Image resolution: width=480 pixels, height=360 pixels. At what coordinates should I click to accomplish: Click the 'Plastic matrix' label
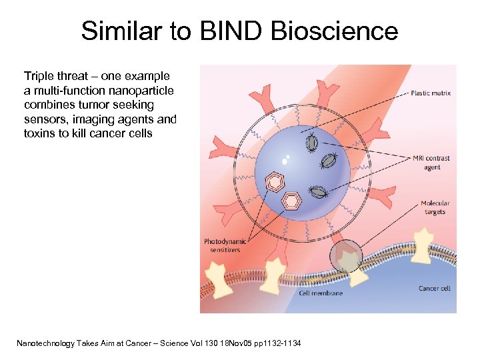[x=431, y=93]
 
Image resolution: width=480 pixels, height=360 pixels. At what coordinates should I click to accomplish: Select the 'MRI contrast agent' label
[x=431, y=163]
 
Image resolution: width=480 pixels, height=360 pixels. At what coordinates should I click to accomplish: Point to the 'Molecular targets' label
[x=435, y=207]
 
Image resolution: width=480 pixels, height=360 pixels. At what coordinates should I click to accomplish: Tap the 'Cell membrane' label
[x=321, y=293]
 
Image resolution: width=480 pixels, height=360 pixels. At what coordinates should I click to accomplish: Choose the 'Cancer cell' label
[x=434, y=288]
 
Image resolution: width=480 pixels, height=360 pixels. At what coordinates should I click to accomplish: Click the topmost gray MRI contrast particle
[x=311, y=141]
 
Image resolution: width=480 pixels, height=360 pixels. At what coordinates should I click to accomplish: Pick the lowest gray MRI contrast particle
[x=320, y=192]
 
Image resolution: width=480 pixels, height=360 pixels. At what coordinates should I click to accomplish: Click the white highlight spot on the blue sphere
[x=285, y=160]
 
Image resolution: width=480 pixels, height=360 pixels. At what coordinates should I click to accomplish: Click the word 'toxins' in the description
[x=39, y=133]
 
